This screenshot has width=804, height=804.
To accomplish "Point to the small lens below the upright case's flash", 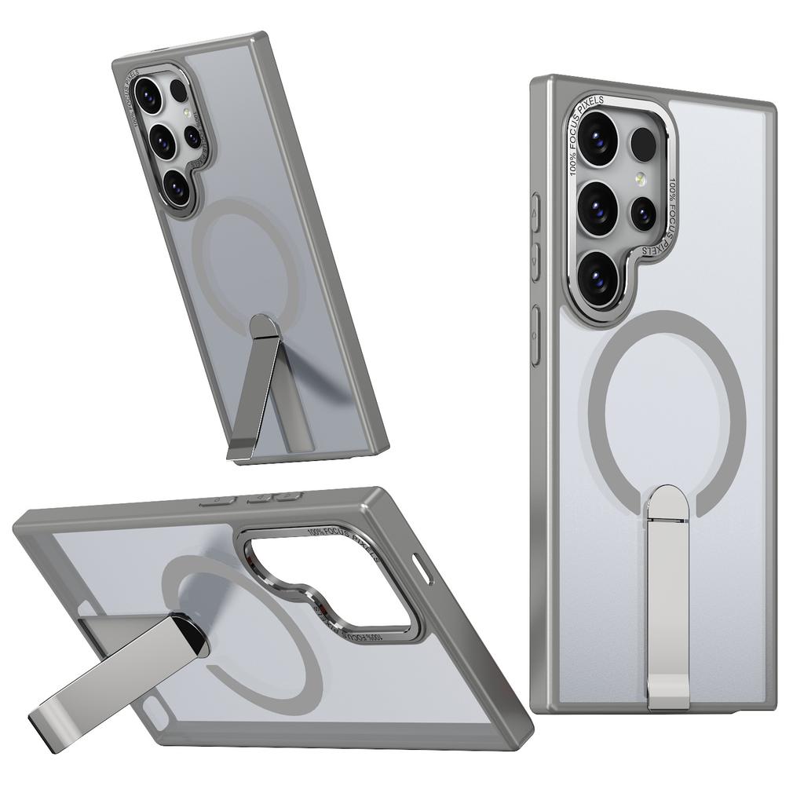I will pos(643,213).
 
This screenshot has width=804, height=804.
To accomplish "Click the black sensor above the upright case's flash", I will pos(643,144).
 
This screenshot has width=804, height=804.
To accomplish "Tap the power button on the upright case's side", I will pos(535,336).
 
